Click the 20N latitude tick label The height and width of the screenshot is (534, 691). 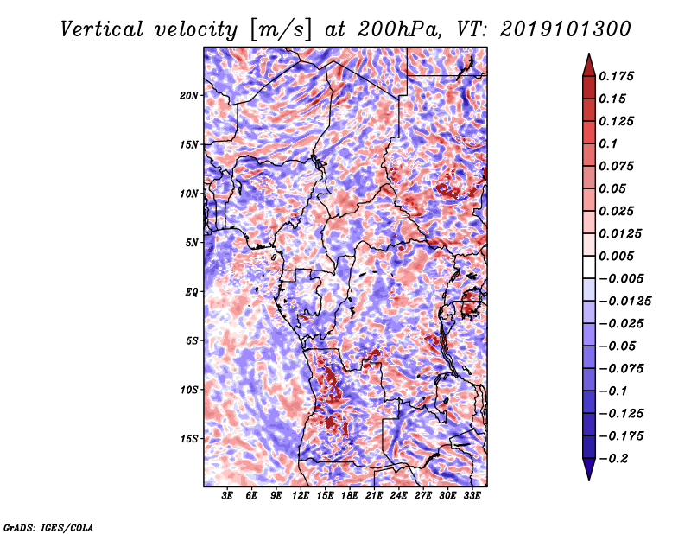189,96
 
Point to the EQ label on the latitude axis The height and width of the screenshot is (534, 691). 191,292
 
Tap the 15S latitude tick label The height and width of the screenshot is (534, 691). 189,439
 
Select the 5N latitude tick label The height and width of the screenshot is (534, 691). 192,243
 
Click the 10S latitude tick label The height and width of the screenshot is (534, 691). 189,390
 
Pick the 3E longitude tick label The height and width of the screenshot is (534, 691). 227,495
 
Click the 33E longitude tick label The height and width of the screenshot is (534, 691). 472,495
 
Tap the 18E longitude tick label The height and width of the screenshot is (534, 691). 350,495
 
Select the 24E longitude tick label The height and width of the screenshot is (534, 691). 398,495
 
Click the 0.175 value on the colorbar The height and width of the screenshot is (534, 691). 616,76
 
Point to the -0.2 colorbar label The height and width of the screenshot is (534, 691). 613,459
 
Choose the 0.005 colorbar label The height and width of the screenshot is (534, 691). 616,256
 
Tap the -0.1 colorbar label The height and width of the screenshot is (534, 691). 612,391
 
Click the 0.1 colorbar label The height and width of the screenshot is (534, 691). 608,143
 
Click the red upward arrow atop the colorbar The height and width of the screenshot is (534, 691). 589,65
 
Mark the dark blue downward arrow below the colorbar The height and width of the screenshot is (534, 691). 589,469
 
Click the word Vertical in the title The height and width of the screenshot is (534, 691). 102,29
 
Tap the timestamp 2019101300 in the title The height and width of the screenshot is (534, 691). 566,29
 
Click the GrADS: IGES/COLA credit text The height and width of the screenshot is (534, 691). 48,527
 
